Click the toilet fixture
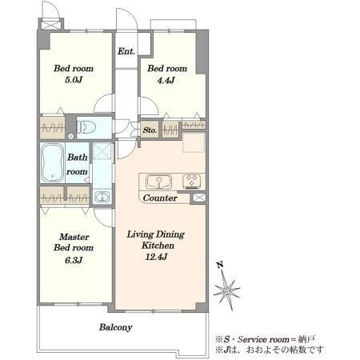coord(86,127)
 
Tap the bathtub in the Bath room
coord(52,162)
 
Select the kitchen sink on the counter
coord(158,182)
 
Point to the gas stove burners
coord(191,182)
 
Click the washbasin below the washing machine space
coord(102,198)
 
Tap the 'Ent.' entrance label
coord(126,51)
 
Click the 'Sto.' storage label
coord(150,130)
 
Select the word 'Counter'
coord(160,198)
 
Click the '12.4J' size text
coord(156,257)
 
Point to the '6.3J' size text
coord(74,260)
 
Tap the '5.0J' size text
coord(74,80)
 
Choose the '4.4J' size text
coord(166,80)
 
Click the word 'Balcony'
coord(116,327)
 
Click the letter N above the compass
coord(220,265)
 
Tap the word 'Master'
coord(74,237)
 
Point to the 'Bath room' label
coord(77,164)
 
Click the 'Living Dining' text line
coord(156,234)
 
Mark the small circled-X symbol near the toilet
coord(70,137)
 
